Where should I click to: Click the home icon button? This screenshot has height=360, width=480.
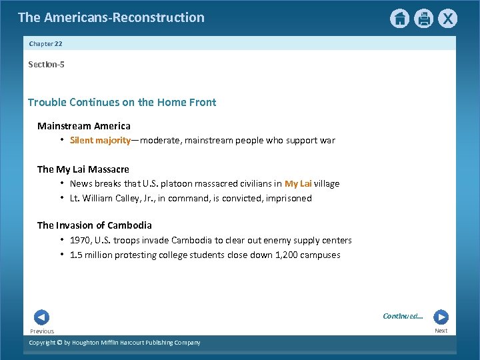coord(399,19)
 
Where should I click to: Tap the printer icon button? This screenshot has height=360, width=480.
coord(423,19)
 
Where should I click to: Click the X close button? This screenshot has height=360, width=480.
coord(448,19)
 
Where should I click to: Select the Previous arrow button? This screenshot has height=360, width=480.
coord(41,317)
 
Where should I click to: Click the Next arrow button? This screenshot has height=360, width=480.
coord(441,317)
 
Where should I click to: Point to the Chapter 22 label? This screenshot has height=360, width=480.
coord(45,43)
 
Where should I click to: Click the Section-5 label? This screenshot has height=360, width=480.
coord(46,64)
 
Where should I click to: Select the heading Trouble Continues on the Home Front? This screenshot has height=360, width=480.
coord(122,102)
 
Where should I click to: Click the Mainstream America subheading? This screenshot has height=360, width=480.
coord(84,126)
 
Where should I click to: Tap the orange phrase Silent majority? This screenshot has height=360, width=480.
coord(101,141)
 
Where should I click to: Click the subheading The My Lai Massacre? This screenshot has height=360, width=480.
coord(83,169)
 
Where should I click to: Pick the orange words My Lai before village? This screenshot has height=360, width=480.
coord(298,184)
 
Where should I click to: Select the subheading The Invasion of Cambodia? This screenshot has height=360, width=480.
coord(95,225)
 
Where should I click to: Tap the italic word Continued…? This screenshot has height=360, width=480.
coord(403,316)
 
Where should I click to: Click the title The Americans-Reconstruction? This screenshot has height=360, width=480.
coord(111,17)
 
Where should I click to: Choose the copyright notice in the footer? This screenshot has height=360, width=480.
coord(114,343)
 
